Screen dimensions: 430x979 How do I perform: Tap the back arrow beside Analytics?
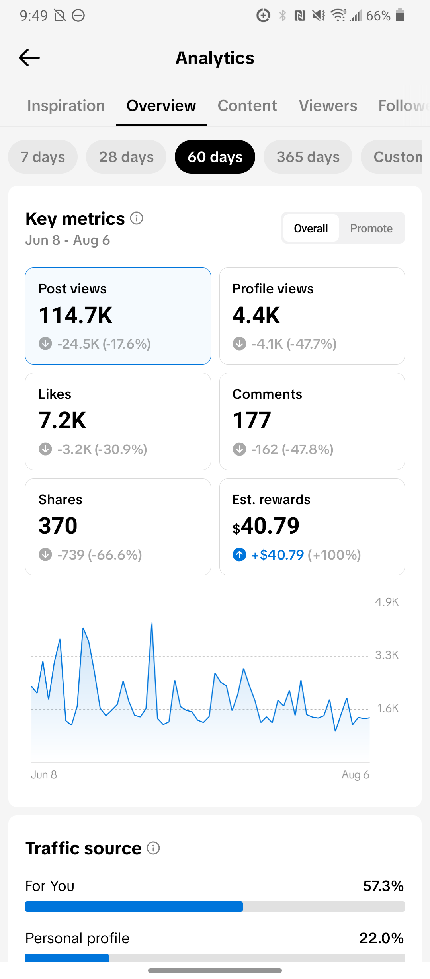tap(29, 58)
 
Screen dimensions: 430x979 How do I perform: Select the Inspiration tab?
tap(66, 106)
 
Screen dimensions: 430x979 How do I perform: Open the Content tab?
tap(247, 106)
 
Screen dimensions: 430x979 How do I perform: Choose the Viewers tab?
tap(328, 106)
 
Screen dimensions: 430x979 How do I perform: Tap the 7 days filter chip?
tap(43, 157)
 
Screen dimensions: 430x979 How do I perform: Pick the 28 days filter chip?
tap(126, 157)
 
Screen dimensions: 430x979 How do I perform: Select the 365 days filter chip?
tap(308, 157)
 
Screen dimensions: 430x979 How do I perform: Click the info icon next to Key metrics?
tap(137, 218)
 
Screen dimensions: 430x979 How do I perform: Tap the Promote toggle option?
tap(371, 228)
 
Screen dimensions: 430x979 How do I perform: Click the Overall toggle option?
tap(311, 228)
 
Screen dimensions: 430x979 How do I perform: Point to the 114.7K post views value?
tap(76, 316)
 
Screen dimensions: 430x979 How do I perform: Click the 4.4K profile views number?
tap(256, 316)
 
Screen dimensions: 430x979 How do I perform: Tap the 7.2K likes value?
tap(63, 421)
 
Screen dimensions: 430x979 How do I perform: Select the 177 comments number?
tap(252, 421)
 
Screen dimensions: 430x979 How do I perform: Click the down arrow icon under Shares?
tap(45, 554)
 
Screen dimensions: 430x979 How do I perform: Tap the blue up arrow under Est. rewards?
tap(239, 554)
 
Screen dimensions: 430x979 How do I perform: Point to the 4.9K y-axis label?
tap(387, 602)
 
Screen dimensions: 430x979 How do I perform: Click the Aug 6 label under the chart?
tap(356, 775)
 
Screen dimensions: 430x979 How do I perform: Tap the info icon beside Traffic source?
tap(153, 848)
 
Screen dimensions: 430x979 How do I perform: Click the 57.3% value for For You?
tap(383, 886)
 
